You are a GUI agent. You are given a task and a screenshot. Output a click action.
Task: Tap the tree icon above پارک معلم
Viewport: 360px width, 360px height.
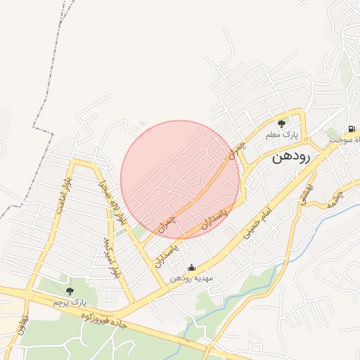click(x=281, y=124)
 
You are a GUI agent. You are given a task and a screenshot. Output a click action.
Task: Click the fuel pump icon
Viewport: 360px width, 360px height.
click(x=350, y=129)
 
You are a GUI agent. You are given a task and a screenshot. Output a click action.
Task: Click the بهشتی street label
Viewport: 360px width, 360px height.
click(x=307, y=186)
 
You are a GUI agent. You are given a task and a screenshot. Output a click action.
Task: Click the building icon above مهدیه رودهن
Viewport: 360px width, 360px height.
click(x=192, y=267)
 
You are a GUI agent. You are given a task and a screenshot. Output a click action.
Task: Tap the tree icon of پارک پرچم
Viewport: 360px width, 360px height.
click(x=69, y=290)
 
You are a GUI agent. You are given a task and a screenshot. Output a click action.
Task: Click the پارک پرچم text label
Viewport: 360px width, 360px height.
click(x=69, y=302)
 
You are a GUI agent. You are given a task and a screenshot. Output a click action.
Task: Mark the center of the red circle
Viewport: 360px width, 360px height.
click(x=181, y=180)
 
